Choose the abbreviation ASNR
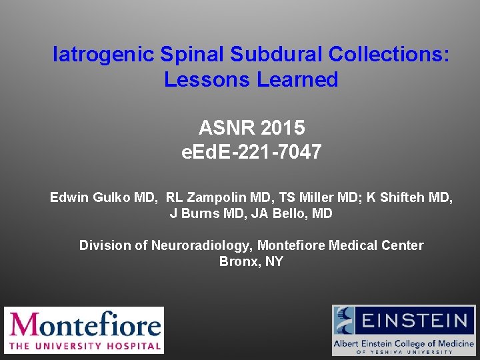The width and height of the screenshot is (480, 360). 227,127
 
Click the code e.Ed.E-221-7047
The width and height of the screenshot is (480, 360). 251,152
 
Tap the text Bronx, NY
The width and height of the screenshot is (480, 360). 251,261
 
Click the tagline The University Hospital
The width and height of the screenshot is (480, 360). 84,345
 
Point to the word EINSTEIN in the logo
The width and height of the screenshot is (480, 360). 415,320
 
